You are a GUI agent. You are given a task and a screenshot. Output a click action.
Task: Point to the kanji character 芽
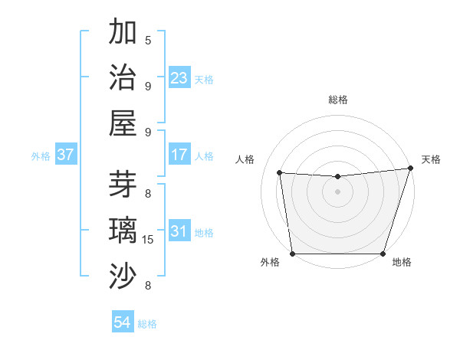[124, 184]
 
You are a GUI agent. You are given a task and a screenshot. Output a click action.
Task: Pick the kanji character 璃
[124, 231]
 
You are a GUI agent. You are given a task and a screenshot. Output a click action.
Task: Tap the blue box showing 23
[179, 78]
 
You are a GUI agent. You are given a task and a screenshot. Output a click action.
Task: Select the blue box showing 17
[179, 155]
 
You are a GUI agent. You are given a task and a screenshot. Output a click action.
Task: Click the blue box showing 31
[179, 231]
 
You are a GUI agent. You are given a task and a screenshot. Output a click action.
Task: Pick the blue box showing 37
[65, 155]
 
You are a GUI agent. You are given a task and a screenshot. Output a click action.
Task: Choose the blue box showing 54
[122, 322]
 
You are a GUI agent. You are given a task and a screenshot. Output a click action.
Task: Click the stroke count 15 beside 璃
[148, 240]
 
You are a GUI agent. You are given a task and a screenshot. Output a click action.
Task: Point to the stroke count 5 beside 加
[148, 40]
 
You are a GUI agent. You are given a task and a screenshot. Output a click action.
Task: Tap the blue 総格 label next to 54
[147, 324]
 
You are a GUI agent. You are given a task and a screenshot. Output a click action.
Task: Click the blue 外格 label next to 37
[41, 156]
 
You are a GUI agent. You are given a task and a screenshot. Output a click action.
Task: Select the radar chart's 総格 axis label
[337, 100]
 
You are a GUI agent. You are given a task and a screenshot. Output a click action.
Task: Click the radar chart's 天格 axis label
[431, 159]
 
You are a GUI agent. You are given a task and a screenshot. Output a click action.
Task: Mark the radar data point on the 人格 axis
[280, 173]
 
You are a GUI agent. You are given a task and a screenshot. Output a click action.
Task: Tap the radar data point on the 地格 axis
[383, 254]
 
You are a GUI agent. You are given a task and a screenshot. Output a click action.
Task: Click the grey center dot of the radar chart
[337, 192]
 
